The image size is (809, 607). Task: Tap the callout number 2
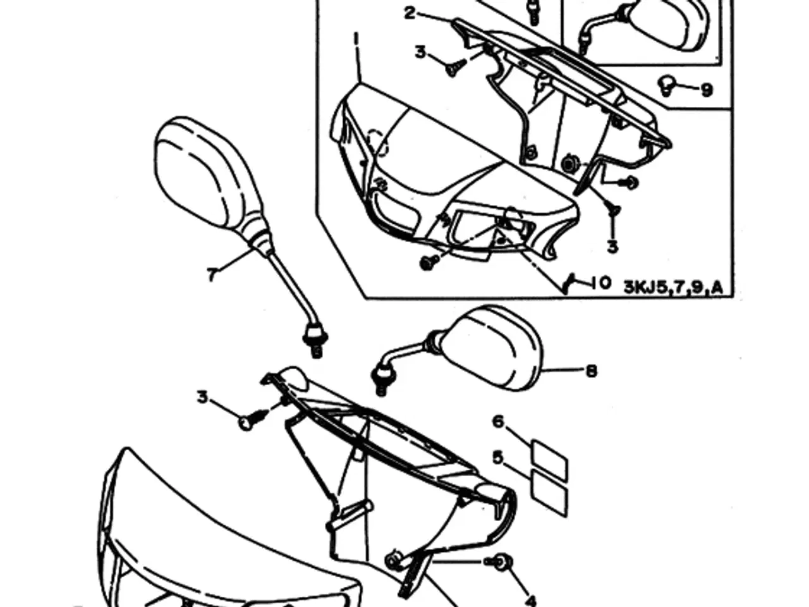[x=410, y=13]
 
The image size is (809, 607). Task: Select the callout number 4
[x=530, y=600]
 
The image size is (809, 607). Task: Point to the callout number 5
[x=498, y=458]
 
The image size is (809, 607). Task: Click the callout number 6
[x=498, y=421]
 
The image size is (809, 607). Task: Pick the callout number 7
[x=211, y=274]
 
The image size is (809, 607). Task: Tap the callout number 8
[x=591, y=371]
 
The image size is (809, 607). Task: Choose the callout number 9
[x=707, y=90]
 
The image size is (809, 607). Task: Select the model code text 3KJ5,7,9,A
[x=673, y=286]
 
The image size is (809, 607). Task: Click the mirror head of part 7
[x=205, y=173]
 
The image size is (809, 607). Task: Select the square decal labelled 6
[x=549, y=460]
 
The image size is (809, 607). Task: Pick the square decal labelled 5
[x=549, y=494]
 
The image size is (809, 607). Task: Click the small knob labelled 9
[x=667, y=85]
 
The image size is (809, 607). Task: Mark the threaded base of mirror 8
[x=383, y=381]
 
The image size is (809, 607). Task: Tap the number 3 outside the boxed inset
[x=203, y=398]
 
